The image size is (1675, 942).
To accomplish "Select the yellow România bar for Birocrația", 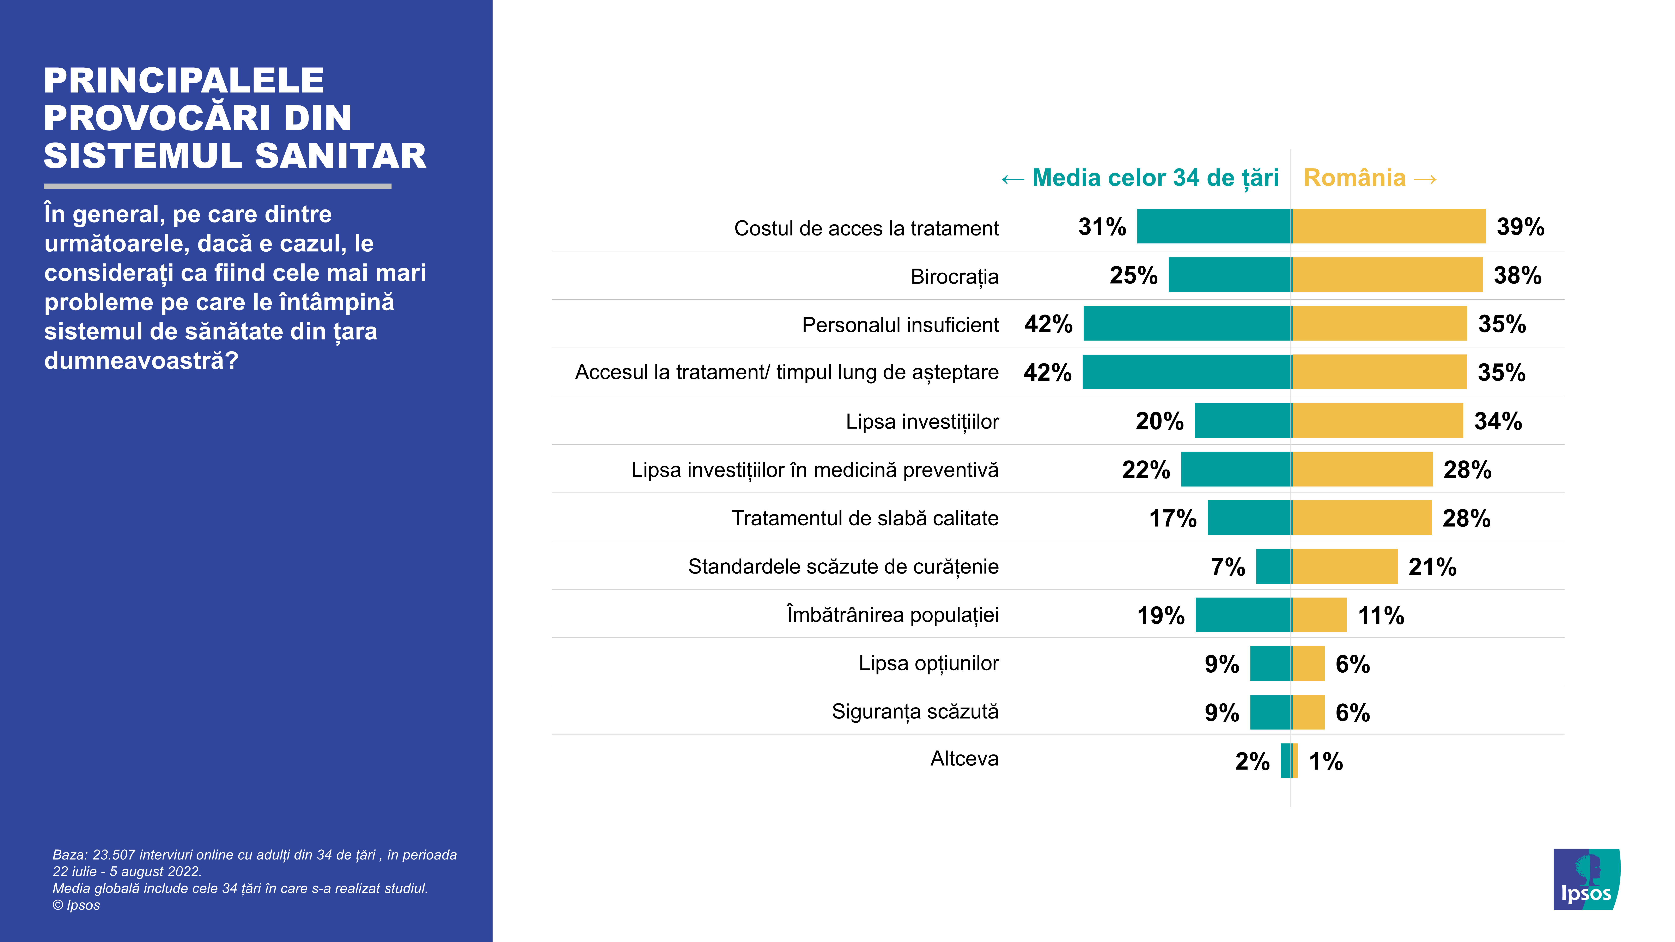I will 1387,275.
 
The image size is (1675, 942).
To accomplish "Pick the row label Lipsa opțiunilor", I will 928,663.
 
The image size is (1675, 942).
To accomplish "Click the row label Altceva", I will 964,759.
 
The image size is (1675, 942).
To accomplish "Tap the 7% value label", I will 1228,567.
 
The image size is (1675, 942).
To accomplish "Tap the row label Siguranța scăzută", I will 915,711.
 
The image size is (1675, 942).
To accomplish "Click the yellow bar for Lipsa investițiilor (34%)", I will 1377,421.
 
